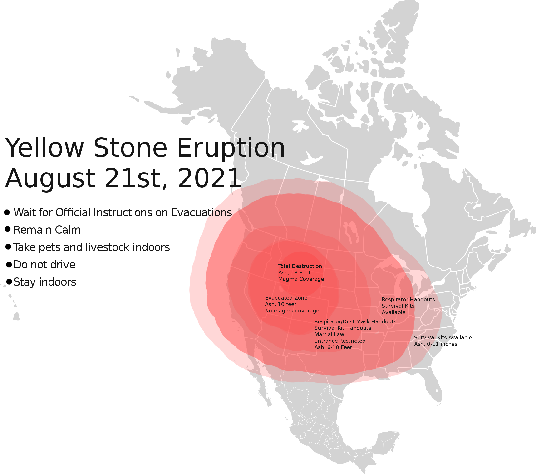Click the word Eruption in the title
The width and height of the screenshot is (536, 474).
point(231,148)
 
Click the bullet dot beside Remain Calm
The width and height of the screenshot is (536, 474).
point(8,229)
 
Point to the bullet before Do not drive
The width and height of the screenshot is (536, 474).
point(9,264)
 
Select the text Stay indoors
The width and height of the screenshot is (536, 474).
point(45,282)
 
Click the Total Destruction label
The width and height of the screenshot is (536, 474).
point(300,266)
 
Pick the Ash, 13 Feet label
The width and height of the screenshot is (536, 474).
point(294,273)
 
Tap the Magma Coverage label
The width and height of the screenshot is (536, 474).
point(301,279)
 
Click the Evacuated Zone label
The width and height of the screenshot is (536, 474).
point(286,298)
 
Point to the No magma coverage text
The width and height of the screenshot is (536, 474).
point(292,311)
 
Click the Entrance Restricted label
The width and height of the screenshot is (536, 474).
point(340,341)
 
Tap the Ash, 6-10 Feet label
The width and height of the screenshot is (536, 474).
point(333,348)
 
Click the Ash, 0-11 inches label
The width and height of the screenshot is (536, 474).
point(436,344)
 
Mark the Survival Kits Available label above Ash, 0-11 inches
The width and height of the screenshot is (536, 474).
point(443,338)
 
